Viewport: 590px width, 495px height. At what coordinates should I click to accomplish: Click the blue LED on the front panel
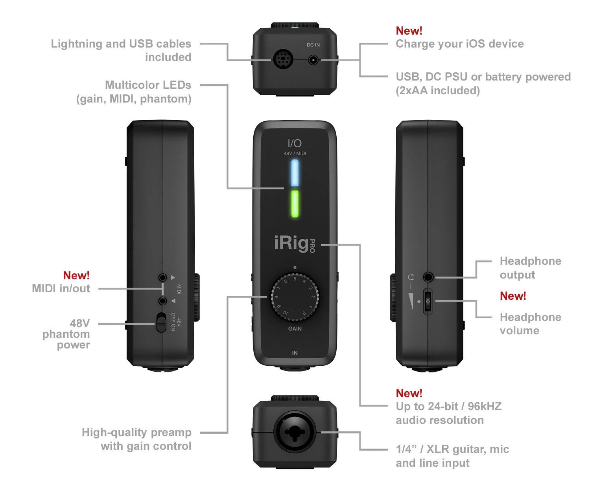pyautogui.click(x=295, y=173)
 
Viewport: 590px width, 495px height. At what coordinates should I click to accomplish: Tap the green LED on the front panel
pyautogui.click(x=295, y=203)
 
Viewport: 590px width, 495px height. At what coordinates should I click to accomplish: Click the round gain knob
pyautogui.click(x=295, y=297)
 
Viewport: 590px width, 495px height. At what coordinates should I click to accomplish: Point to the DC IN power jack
pyautogui.click(x=313, y=60)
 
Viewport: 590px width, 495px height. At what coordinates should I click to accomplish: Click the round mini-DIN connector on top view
pyautogui.click(x=282, y=60)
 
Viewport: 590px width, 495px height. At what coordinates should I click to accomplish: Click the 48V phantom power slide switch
pyautogui.click(x=160, y=322)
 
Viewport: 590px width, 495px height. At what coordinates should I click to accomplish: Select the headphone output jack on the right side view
pyautogui.click(x=428, y=277)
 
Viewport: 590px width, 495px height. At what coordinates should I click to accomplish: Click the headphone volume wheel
pyautogui.click(x=428, y=301)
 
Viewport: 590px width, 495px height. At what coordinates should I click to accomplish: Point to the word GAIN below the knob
pyautogui.click(x=295, y=329)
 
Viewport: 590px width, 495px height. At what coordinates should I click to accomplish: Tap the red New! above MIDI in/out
pyautogui.click(x=76, y=275)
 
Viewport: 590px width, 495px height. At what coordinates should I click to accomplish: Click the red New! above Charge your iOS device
pyautogui.click(x=409, y=31)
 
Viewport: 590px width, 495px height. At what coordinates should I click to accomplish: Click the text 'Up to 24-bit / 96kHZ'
pyautogui.click(x=448, y=406)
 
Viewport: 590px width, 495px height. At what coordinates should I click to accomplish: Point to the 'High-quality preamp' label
pyautogui.click(x=136, y=432)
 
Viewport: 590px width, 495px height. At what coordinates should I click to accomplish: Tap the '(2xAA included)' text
pyautogui.click(x=437, y=90)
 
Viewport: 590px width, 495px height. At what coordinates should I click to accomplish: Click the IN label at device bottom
pyautogui.click(x=295, y=353)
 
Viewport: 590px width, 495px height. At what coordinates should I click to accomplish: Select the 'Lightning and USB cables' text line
pyautogui.click(x=121, y=44)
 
